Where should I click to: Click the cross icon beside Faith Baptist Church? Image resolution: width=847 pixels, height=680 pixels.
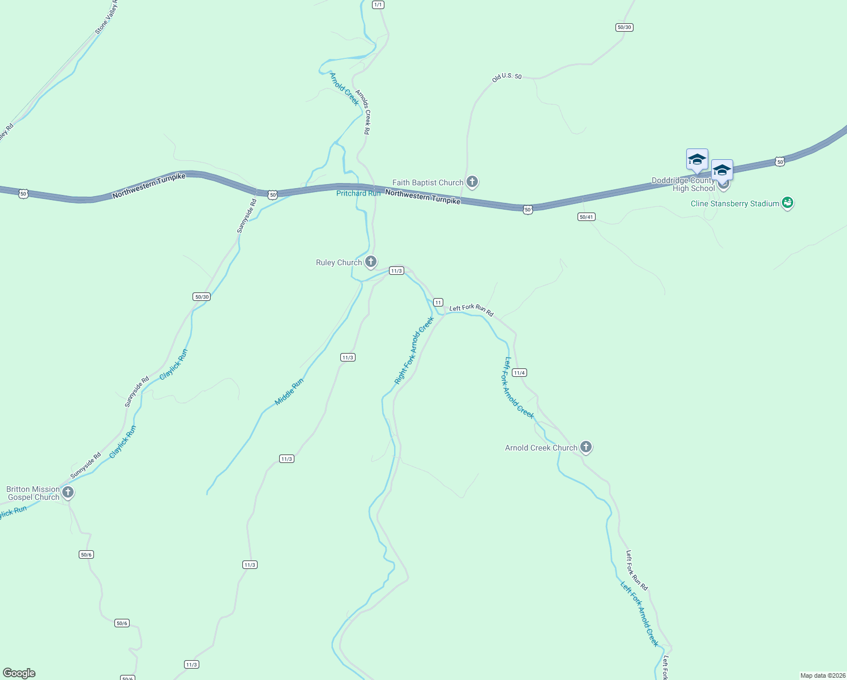(x=472, y=182)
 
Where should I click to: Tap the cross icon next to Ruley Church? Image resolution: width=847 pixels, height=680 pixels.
(x=371, y=262)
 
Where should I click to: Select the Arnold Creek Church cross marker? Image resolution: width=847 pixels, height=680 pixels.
(x=586, y=447)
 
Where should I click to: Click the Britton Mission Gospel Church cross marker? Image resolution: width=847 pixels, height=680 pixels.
(x=68, y=492)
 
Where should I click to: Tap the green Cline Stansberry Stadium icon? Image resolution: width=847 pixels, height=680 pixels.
(x=787, y=203)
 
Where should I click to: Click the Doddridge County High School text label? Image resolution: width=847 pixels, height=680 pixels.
(x=683, y=185)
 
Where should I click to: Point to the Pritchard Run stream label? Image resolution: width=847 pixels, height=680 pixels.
(x=358, y=194)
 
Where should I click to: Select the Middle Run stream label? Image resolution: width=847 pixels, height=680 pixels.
(x=289, y=392)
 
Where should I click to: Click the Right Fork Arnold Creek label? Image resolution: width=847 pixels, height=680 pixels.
(x=414, y=351)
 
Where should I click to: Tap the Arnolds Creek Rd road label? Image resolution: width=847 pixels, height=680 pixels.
(x=363, y=112)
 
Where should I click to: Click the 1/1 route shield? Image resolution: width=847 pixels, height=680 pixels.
(x=378, y=5)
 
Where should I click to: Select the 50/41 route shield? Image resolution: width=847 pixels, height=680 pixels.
(x=587, y=217)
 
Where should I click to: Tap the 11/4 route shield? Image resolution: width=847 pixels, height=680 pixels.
(x=519, y=373)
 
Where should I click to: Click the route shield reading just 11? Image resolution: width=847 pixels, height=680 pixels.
(x=438, y=303)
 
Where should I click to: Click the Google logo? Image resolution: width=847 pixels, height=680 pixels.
(x=19, y=673)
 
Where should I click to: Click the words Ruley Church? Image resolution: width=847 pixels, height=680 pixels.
(x=339, y=262)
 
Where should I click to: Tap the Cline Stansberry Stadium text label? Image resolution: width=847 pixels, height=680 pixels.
(x=735, y=203)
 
